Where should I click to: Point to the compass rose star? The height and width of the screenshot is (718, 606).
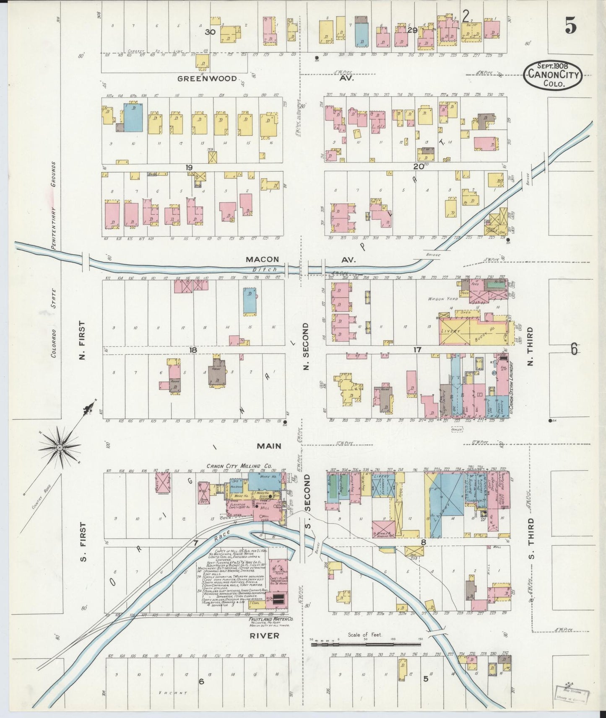click(60, 448)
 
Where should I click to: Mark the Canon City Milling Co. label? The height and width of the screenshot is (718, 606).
click(239, 466)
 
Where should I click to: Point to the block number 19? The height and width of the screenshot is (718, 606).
click(189, 168)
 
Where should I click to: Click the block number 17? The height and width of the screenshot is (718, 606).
click(417, 349)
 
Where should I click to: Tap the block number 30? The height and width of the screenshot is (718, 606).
click(210, 31)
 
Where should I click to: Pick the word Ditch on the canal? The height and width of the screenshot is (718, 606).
click(260, 270)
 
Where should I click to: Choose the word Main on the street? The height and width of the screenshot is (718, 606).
click(269, 446)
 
